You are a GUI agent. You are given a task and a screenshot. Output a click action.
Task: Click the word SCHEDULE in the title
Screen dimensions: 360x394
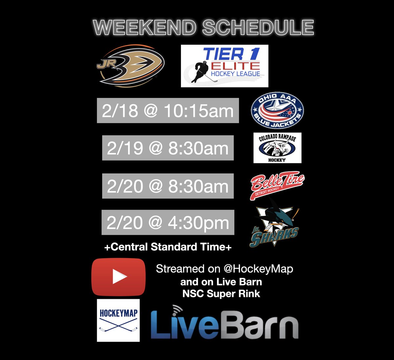coord(258,28)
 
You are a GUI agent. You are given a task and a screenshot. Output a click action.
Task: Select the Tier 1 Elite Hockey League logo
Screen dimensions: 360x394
coord(225,66)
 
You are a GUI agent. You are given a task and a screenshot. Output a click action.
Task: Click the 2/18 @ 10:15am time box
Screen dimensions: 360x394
coord(168,111)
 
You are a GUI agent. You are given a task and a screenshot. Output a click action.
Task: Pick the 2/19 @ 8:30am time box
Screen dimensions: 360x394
coord(168,148)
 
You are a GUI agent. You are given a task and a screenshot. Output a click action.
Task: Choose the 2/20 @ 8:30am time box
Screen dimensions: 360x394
coord(168,186)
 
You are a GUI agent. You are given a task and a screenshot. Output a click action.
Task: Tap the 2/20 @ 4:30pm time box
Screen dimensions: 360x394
coord(168,223)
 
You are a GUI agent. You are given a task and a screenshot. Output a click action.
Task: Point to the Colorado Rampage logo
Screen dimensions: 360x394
coord(277,148)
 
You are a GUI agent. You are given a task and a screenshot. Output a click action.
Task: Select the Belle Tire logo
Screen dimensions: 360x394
coord(277,186)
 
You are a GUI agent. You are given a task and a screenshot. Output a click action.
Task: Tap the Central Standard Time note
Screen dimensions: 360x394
coord(168,247)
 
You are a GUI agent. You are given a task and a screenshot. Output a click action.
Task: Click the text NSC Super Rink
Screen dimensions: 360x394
coord(221,294)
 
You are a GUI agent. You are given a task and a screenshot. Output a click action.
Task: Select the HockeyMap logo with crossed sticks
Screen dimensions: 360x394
coord(118,320)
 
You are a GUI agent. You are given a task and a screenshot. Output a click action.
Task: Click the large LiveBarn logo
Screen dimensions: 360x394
coord(225,325)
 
